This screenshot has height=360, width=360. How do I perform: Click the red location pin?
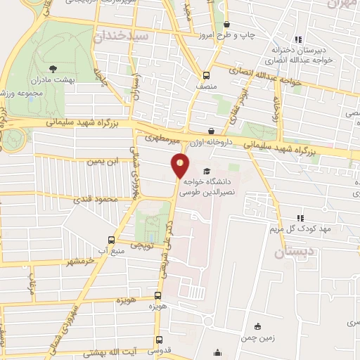180,166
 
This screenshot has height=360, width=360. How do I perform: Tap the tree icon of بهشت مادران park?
53,70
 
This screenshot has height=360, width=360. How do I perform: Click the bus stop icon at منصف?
205,75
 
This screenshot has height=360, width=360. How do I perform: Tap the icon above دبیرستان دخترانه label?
298,39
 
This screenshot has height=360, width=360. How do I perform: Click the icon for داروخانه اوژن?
211,131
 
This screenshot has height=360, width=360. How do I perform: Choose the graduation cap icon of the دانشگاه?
206,172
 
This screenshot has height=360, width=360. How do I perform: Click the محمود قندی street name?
96,200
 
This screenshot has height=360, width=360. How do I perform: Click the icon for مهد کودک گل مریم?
300,218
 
